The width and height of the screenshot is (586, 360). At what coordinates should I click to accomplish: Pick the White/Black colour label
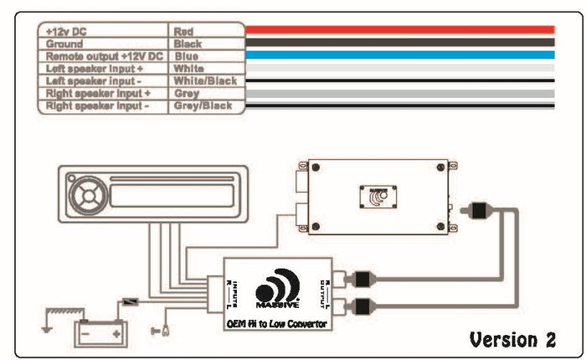pos(204,81)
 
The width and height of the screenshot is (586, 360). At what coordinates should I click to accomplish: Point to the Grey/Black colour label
pos(203,106)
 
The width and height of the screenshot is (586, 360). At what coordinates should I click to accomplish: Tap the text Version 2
pos(512,339)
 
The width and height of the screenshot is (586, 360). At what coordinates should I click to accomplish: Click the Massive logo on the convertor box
pos(277,290)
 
